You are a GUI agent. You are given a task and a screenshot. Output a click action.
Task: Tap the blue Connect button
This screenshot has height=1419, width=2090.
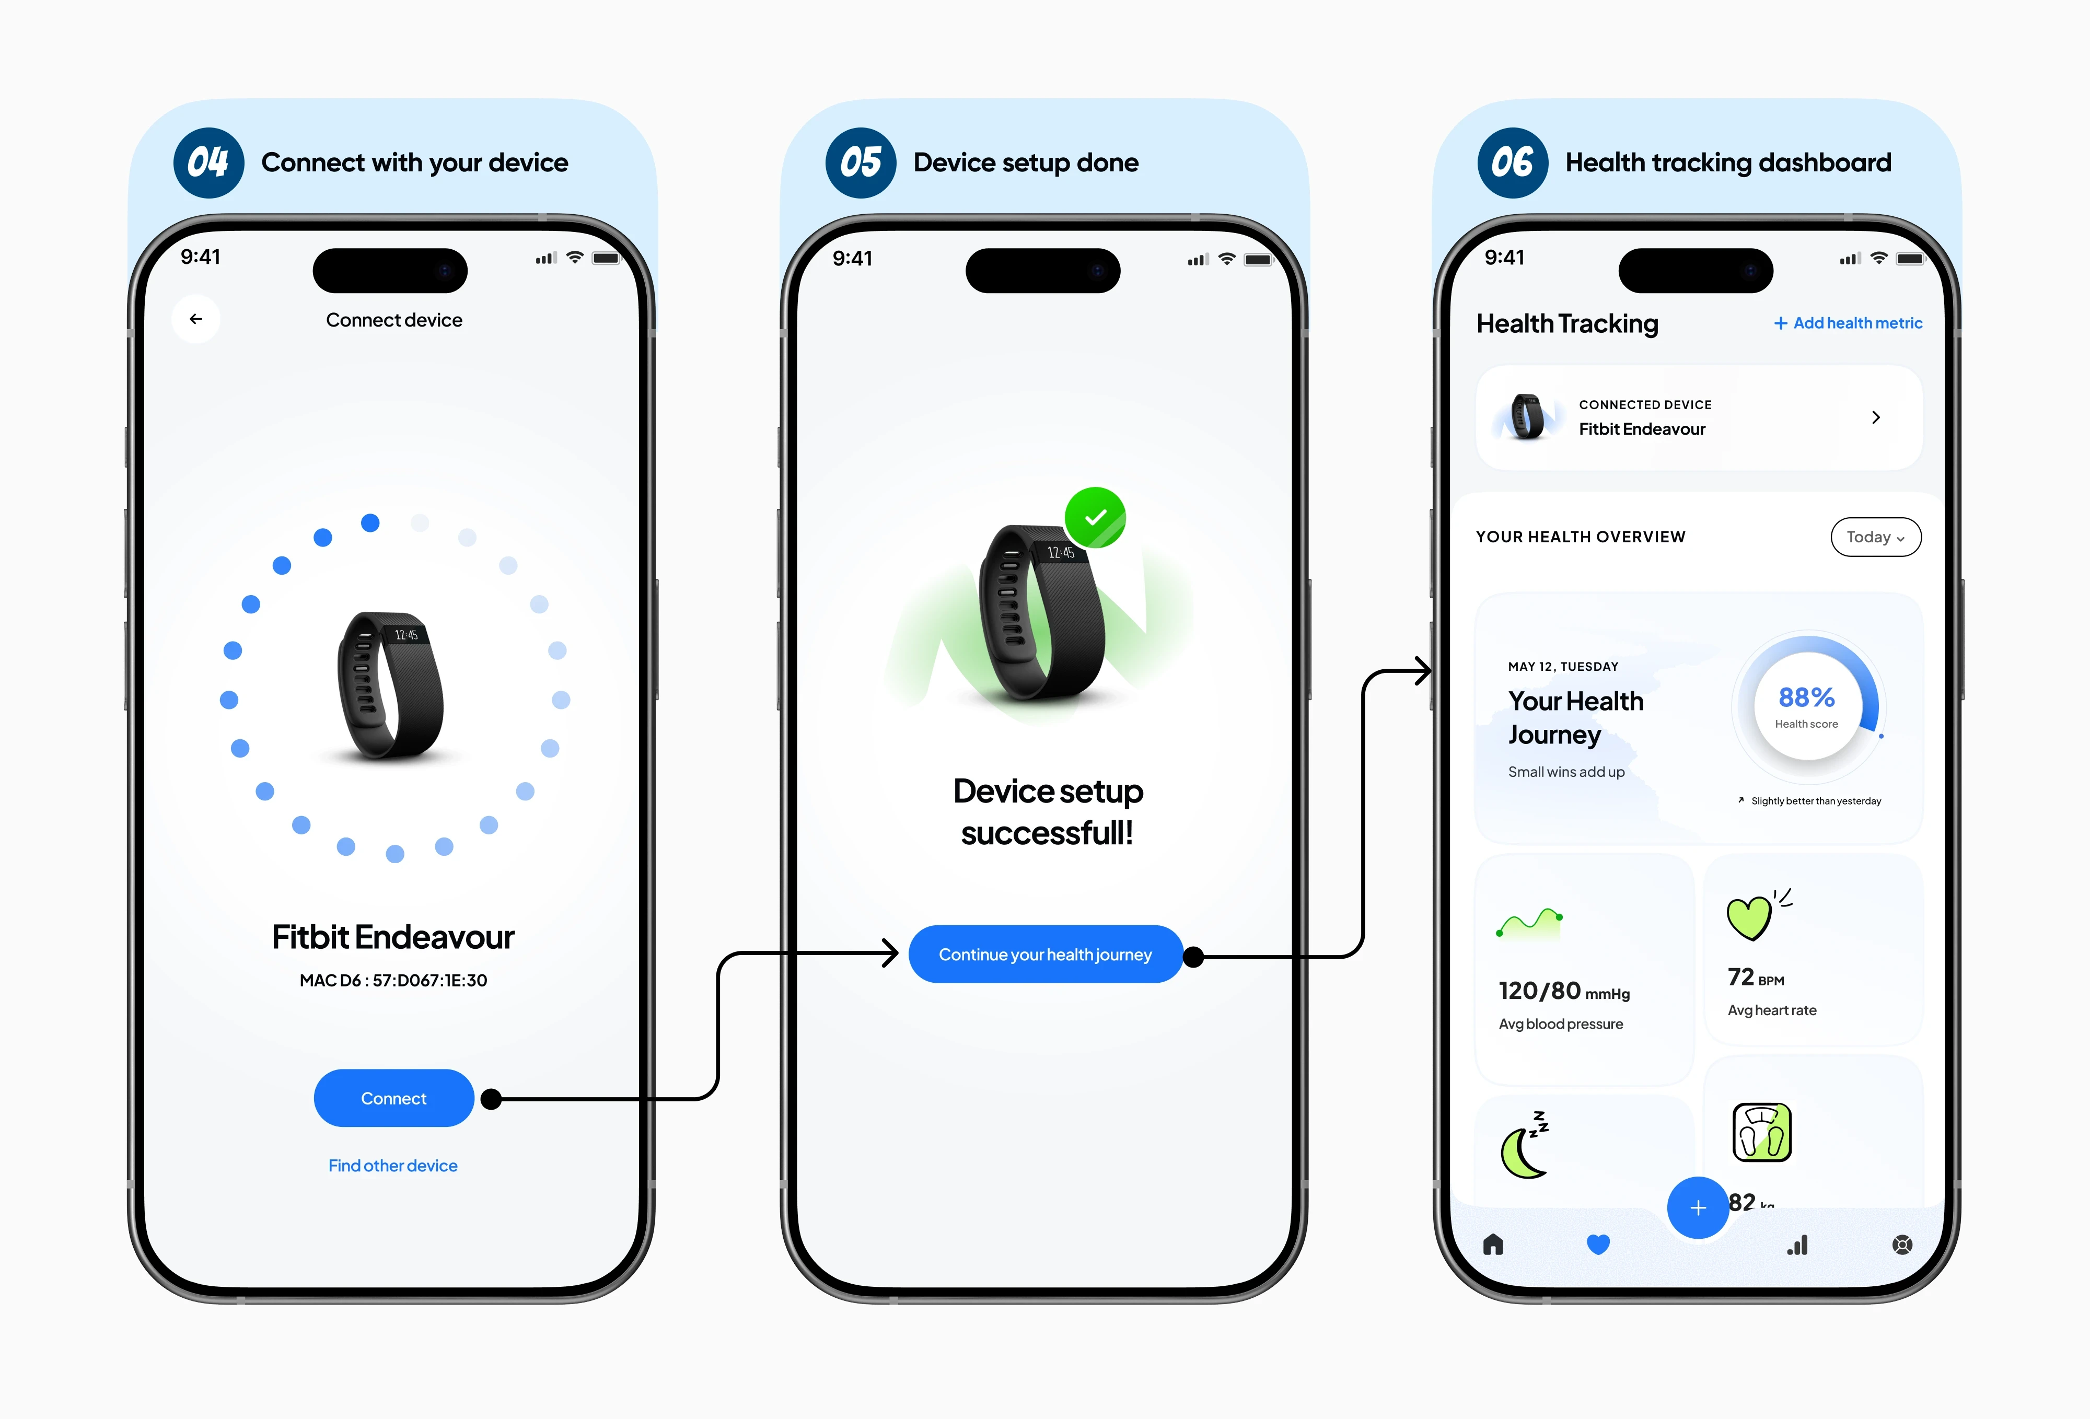click(x=394, y=1098)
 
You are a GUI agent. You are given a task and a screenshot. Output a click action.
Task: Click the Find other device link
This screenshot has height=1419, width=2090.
click(x=393, y=1166)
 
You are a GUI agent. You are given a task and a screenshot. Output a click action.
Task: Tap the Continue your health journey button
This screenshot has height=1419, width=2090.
click(x=1045, y=954)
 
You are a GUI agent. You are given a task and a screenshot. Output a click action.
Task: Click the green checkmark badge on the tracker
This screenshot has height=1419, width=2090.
click(x=1095, y=518)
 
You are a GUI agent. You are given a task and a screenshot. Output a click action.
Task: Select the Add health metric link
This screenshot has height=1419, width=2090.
click(x=1848, y=323)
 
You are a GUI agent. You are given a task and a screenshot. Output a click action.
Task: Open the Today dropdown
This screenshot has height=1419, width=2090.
click(x=1876, y=537)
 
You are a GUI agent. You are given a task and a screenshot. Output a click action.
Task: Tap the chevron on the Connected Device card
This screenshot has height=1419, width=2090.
click(x=1876, y=417)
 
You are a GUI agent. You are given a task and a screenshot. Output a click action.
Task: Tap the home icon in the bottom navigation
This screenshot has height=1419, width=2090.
click(x=1493, y=1244)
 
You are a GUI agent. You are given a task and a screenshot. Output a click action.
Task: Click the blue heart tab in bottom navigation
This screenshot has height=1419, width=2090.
click(x=1598, y=1244)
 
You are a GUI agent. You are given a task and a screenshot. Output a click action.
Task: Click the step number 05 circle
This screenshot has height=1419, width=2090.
click(x=861, y=163)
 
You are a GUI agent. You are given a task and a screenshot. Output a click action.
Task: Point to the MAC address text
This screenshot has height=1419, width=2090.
click(x=393, y=980)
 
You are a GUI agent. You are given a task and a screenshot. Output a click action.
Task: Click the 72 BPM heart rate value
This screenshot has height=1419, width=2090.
click(x=1756, y=978)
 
